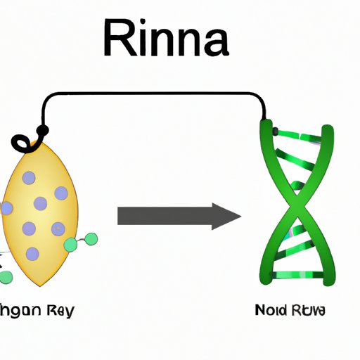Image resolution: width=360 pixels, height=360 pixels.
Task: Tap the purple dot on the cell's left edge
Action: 6,208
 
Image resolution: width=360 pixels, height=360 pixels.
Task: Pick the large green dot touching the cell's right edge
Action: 70,245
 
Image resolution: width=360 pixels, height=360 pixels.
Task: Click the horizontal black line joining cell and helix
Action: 155,92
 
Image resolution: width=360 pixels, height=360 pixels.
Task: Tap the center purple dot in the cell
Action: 41,203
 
